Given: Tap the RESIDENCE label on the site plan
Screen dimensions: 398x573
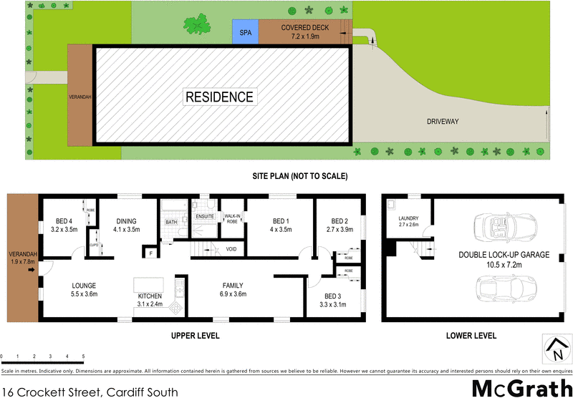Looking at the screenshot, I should click(219, 97).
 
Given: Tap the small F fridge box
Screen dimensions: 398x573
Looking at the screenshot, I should click(151, 253).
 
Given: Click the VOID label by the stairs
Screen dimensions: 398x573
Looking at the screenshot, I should click(231, 249).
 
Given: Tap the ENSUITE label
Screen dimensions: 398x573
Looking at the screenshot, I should click(206, 215).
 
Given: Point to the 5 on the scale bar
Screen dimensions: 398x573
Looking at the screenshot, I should click(83, 356).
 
